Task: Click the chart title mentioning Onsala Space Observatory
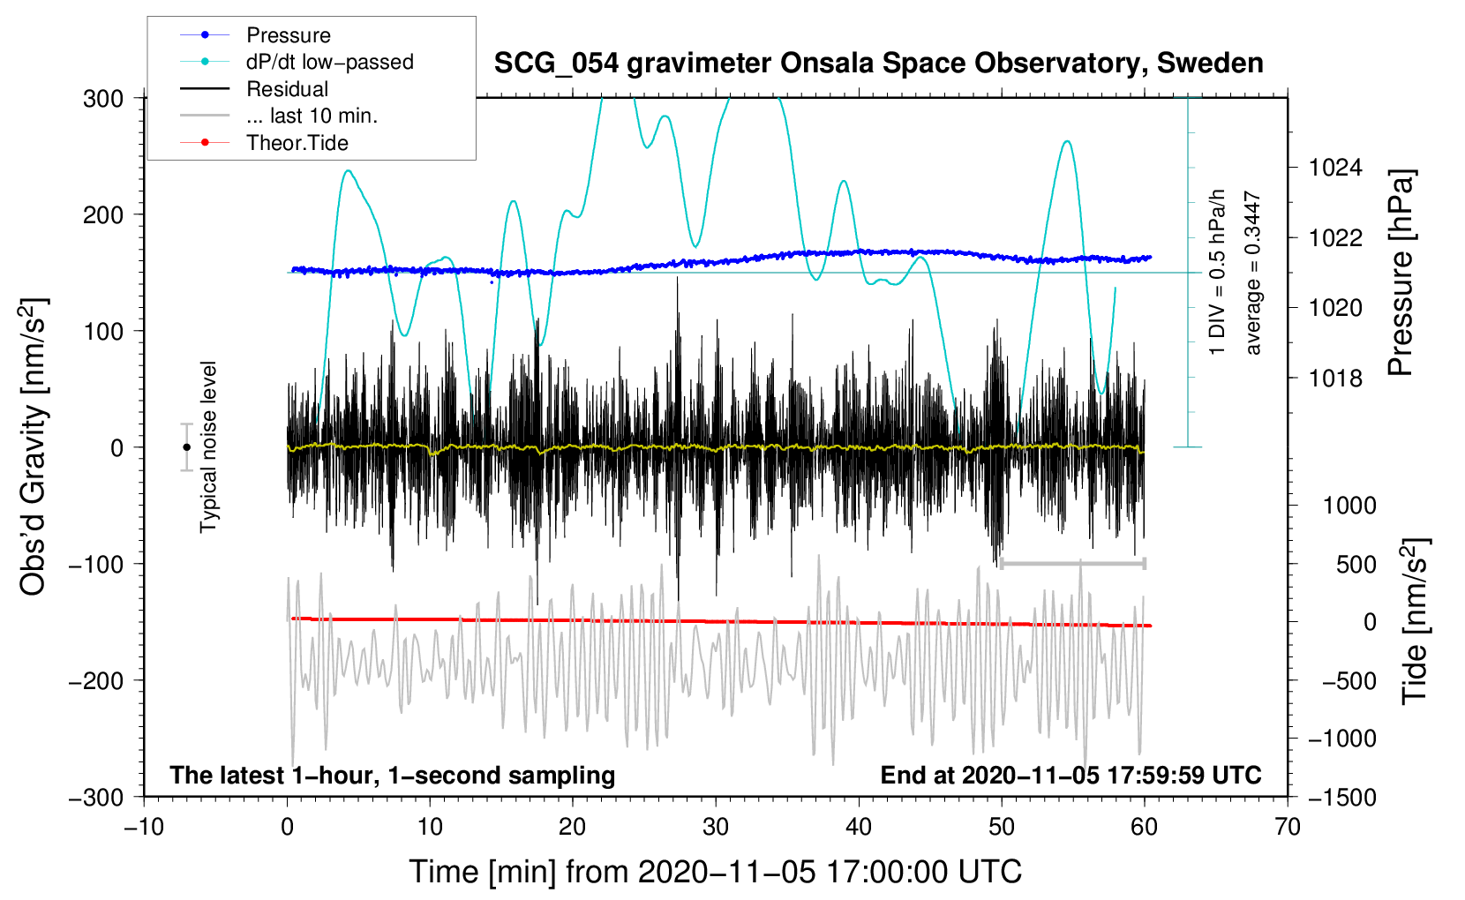(878, 63)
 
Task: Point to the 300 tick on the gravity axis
(103, 99)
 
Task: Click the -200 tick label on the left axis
(97, 681)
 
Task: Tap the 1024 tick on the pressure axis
(1335, 168)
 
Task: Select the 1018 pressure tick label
(1335, 378)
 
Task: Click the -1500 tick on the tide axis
(1342, 798)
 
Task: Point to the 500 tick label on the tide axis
(1356, 565)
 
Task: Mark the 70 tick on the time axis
(1288, 827)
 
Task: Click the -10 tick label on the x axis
(144, 827)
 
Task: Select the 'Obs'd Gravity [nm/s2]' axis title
(33, 446)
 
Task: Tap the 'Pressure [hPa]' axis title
(1401, 273)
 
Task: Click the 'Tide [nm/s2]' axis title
(1416, 621)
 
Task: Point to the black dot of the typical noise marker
(186, 447)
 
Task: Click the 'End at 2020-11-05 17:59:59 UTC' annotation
(1071, 775)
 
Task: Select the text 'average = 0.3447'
(1252, 273)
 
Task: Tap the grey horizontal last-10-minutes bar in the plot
(1072, 563)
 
